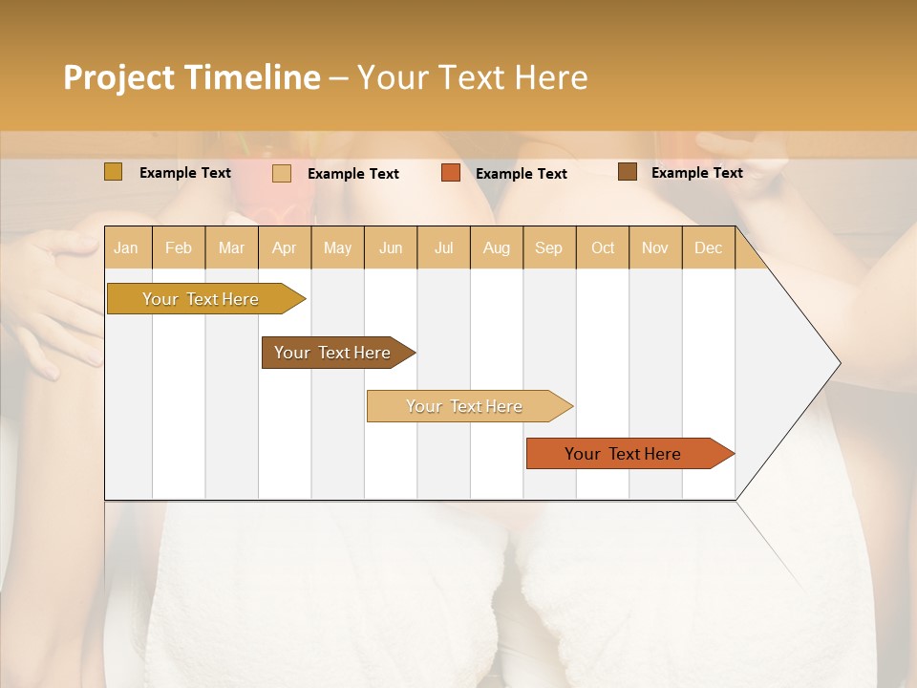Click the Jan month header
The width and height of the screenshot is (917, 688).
tap(126, 247)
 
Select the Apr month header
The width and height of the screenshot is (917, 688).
tap(284, 247)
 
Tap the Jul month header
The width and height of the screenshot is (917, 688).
tap(443, 247)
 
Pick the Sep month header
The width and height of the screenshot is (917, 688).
tap(548, 247)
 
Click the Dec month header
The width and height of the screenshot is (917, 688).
tap(708, 247)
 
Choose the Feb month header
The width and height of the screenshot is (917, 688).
tap(179, 247)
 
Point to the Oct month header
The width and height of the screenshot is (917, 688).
tap(603, 247)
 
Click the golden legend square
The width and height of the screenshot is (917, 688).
tap(114, 172)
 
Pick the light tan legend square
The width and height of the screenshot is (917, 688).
tap(282, 173)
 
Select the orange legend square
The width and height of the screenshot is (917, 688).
tap(451, 173)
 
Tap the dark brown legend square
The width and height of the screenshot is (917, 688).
tap(627, 172)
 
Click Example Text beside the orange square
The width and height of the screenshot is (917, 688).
tap(521, 174)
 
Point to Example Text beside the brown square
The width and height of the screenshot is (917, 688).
tap(696, 173)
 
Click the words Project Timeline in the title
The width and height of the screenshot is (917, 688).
tap(191, 77)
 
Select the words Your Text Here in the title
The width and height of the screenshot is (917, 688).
tap(472, 77)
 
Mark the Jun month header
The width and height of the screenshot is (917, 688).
tap(391, 247)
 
